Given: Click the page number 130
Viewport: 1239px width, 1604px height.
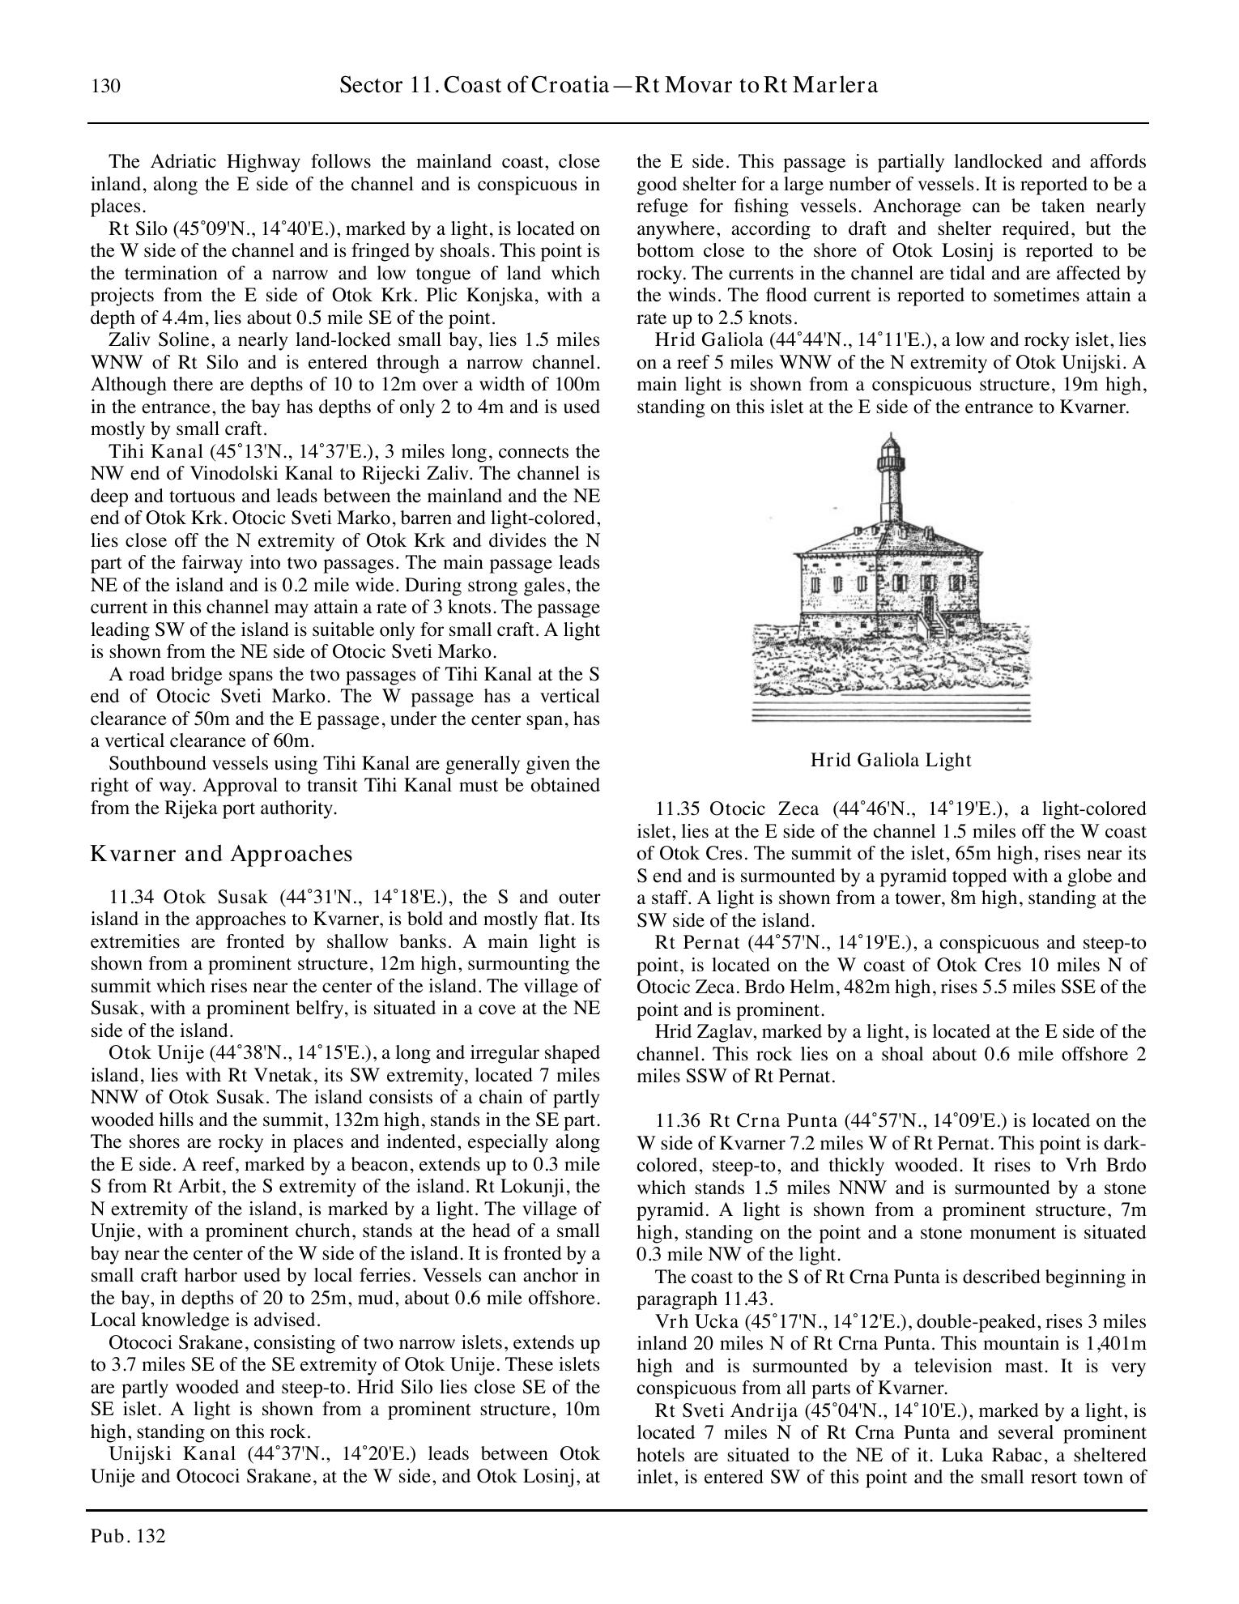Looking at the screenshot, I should pyautogui.click(x=106, y=86).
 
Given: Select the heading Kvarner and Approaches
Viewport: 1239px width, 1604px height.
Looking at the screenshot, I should pyautogui.click(x=221, y=854).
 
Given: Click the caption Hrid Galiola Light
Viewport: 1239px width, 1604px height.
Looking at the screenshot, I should pyautogui.click(x=891, y=760).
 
